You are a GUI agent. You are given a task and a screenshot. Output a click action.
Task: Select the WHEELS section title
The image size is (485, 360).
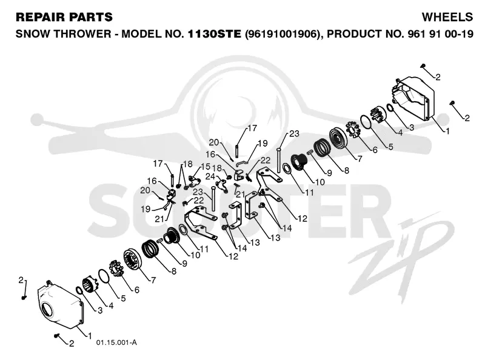(x=447, y=17)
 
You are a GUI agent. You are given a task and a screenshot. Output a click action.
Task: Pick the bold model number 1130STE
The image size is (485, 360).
(x=215, y=33)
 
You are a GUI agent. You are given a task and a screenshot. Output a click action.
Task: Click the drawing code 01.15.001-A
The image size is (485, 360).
(x=116, y=342)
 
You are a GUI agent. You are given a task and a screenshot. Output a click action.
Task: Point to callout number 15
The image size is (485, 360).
(x=206, y=167)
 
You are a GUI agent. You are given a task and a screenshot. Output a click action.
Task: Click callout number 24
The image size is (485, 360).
(x=210, y=176)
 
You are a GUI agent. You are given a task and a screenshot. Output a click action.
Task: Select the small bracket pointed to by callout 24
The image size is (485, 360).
(x=221, y=184)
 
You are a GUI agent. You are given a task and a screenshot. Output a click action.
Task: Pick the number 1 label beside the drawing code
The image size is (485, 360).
(x=90, y=335)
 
